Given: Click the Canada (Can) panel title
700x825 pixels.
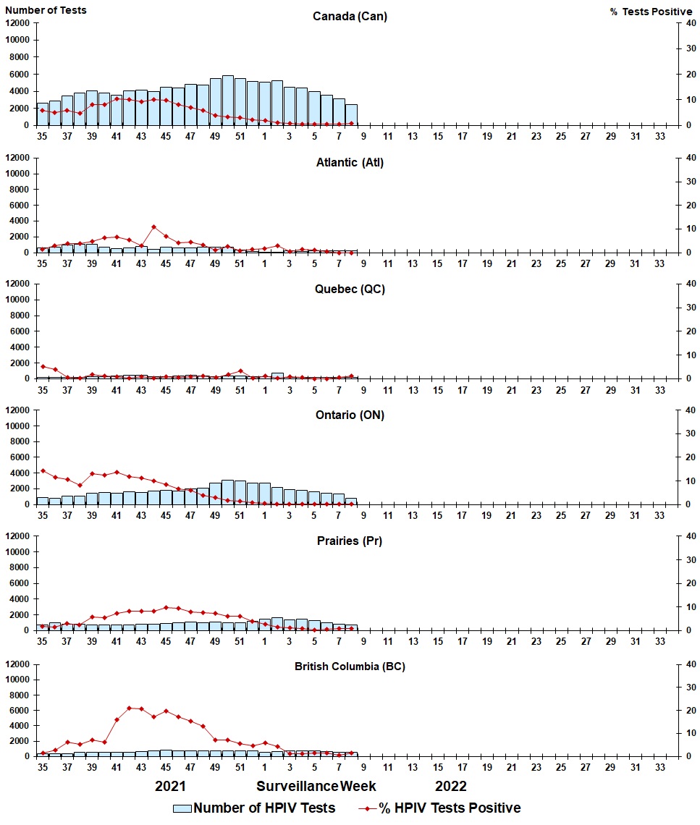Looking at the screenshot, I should pos(350,17).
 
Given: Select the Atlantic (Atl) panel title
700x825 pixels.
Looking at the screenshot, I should pos(350,162).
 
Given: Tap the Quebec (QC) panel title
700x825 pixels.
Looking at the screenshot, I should pos(350,289).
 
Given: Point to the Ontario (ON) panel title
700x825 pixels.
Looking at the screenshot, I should pos(350,415).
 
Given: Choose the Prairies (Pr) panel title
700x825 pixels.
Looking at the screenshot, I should pos(350,541).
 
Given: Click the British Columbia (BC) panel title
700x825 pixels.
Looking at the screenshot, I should pos(350,667).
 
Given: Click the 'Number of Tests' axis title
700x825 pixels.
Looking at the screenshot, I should pos(46,10).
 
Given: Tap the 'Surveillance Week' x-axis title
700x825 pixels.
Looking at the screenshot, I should pos(316,786).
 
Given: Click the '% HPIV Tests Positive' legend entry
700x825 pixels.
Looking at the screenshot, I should pos(439,808).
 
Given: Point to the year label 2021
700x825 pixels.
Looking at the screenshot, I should pos(171,786).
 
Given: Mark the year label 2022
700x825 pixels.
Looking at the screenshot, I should pos(450,786).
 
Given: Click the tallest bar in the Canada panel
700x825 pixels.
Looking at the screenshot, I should pos(228,100).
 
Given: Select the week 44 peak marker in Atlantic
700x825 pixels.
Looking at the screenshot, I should pos(153,227).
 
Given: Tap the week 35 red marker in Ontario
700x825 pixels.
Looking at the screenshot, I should pos(43,470).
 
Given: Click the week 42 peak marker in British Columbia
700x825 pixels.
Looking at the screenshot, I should pos(130,708).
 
